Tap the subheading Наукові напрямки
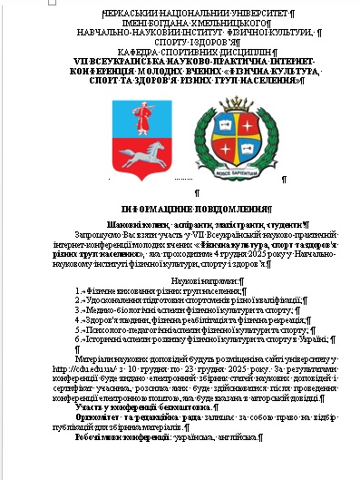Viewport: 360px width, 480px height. coord(181,281)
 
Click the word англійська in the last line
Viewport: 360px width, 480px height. coord(231,436)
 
